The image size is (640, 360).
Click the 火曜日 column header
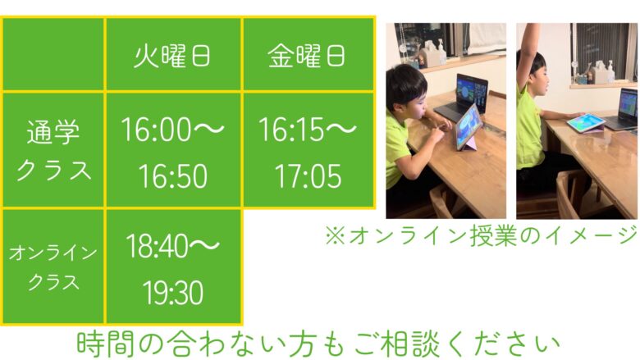coord(172,56)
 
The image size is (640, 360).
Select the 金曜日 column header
coord(307,56)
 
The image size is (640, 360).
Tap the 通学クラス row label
coord(53,150)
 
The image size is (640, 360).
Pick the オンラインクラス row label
coord(53,267)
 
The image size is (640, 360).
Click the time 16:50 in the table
coord(173,176)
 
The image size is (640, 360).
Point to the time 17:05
coord(309,176)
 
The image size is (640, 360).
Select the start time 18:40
coord(158,246)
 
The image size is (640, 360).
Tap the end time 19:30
coord(173,293)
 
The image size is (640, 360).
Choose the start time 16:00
coord(157,130)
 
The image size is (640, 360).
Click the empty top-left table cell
coord(53,54)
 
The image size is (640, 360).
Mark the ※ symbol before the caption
coord(335,236)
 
